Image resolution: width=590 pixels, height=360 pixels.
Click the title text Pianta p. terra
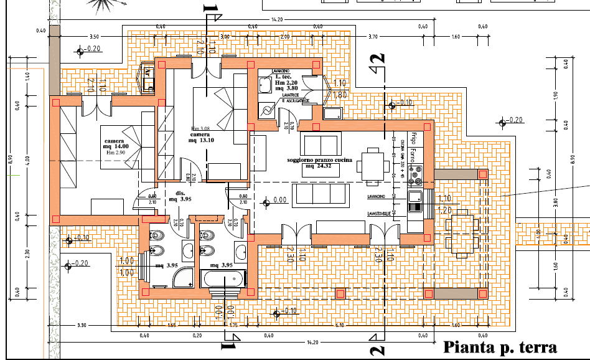click(499, 348)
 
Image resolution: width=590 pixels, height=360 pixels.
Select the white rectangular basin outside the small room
click(332, 113)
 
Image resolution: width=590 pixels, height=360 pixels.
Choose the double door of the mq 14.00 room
click(96, 109)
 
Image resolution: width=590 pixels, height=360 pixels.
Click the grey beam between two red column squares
click(454, 293)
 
